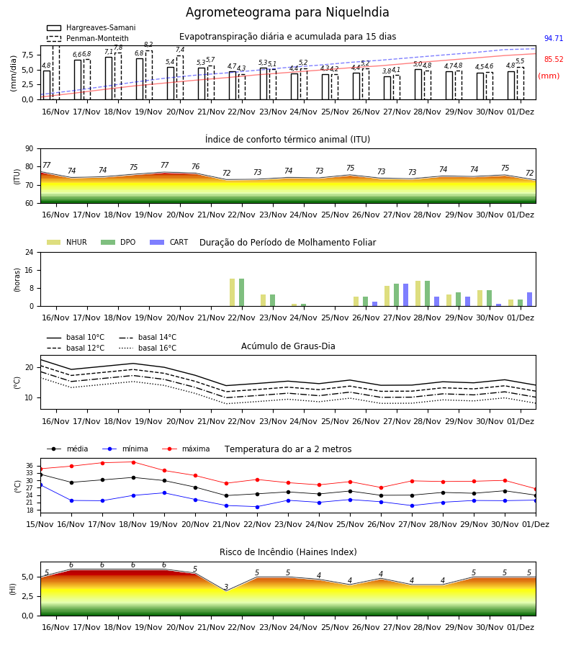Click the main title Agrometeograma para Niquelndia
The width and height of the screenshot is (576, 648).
pyautogui.click(x=287, y=12)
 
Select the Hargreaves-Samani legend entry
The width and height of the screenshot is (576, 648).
pyautogui.click(x=91, y=27)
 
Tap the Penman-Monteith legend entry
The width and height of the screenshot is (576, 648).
pyautogui.click(x=88, y=38)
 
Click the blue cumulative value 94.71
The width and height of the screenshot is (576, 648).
pyautogui.click(x=554, y=38)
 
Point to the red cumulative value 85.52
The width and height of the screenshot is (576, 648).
pyautogui.click(x=554, y=59)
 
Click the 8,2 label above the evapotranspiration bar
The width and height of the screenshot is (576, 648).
pyautogui.click(x=149, y=45)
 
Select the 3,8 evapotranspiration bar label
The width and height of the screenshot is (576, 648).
pyautogui.click(x=387, y=71)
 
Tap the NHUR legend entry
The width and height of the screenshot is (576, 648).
pyautogui.click(x=67, y=242)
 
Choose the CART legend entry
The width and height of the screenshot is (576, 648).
pyautogui.click(x=169, y=242)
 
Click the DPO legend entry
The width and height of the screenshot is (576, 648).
pyautogui.click(x=118, y=242)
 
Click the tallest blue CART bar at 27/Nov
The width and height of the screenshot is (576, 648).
pyautogui.click(x=406, y=295)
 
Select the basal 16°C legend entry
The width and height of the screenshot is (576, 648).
pyautogui.click(x=148, y=348)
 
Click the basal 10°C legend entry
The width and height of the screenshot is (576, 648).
pyautogui.click(x=76, y=337)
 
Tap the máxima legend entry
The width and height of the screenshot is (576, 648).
pyautogui.click(x=186, y=449)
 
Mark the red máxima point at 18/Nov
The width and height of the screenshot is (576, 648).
pyautogui.click(x=133, y=462)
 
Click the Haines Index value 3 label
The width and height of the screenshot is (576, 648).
pyautogui.click(x=226, y=586)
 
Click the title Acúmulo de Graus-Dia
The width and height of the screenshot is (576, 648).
pyautogui.click(x=288, y=346)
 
